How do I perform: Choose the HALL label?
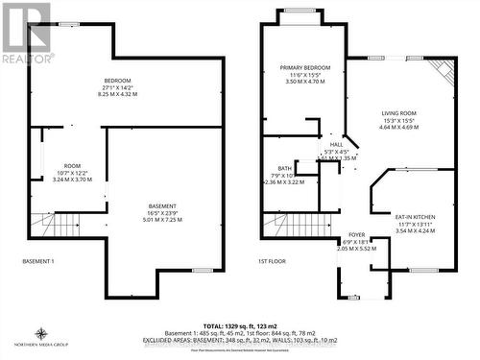point(336,145)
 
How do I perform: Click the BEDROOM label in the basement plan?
point(118,80)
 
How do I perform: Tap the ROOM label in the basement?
point(73,165)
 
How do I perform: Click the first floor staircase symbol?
point(287,226)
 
